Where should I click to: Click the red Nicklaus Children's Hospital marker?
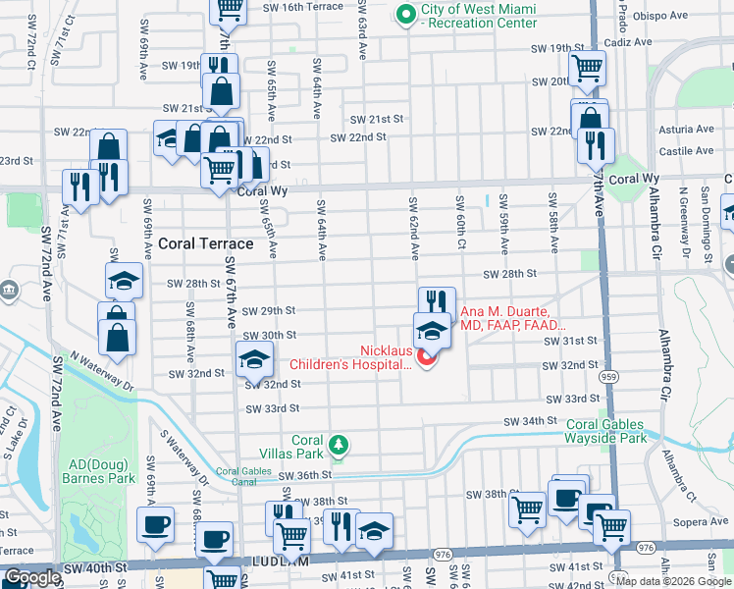(x=426, y=358)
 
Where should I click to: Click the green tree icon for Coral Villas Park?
(x=339, y=447)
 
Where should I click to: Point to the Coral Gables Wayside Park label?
(x=606, y=432)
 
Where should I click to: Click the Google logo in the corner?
(x=32, y=578)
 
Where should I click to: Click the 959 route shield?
(x=608, y=375)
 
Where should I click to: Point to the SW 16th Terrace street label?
(x=304, y=7)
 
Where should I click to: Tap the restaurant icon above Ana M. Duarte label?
(x=437, y=302)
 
